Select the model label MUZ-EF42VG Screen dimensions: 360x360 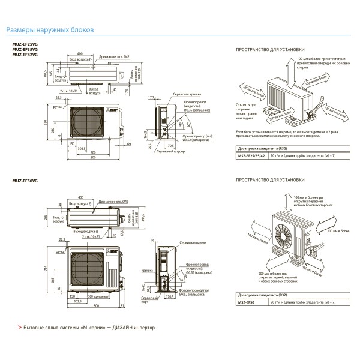click(x=25, y=55)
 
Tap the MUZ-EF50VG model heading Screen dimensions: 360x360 click(x=25, y=180)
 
